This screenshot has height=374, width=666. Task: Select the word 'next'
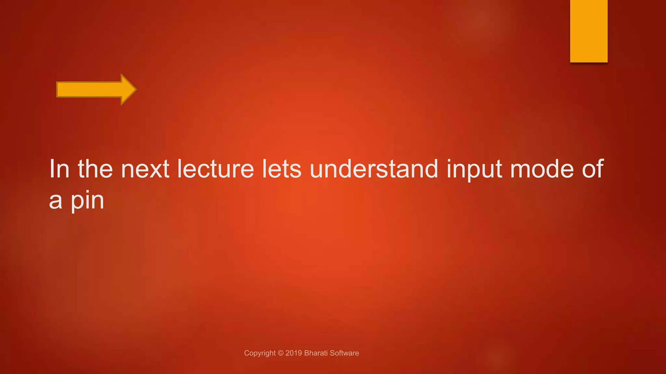click(145, 169)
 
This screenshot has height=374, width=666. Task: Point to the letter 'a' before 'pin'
click(56, 202)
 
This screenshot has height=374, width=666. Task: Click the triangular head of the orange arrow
click(127, 89)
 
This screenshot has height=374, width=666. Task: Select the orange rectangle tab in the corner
click(589, 31)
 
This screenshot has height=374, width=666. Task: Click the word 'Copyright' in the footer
click(260, 353)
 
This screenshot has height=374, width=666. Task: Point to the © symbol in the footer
click(281, 353)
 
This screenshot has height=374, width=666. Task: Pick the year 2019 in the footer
click(294, 353)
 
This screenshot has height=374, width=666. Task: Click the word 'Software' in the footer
click(344, 353)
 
